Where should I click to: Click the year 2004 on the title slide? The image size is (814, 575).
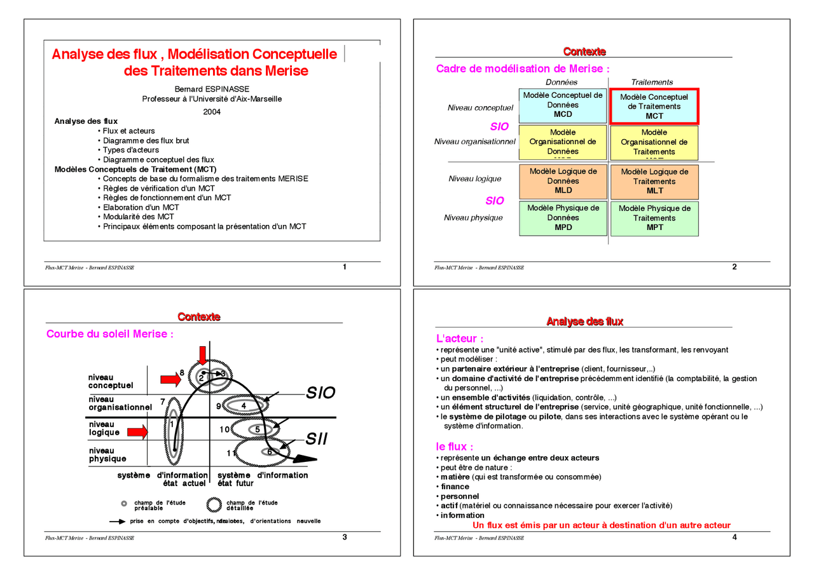[x=212, y=112]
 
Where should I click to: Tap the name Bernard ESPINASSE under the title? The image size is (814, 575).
[x=212, y=89]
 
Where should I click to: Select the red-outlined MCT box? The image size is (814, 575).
[x=654, y=106]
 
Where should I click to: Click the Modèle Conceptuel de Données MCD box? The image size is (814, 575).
[x=563, y=105]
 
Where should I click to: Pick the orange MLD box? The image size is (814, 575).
[x=563, y=181]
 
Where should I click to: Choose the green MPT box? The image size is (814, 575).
[x=654, y=218]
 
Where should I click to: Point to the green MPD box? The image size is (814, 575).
[x=563, y=217]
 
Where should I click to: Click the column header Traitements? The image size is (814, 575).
[x=652, y=82]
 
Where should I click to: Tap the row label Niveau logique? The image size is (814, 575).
[x=474, y=179]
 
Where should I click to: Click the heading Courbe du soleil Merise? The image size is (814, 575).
[x=110, y=334]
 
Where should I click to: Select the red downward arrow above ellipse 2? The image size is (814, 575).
[x=203, y=355]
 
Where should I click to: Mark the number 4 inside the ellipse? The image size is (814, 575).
[x=244, y=405]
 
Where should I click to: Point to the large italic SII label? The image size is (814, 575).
[x=317, y=438]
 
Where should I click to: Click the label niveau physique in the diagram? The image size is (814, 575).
[x=107, y=454]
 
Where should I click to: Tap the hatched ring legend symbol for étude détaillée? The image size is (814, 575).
[x=214, y=505]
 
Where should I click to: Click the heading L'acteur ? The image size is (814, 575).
[x=459, y=339]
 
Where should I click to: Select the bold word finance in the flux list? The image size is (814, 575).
[x=455, y=487]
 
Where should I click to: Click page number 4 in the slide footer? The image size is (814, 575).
[x=735, y=537]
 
